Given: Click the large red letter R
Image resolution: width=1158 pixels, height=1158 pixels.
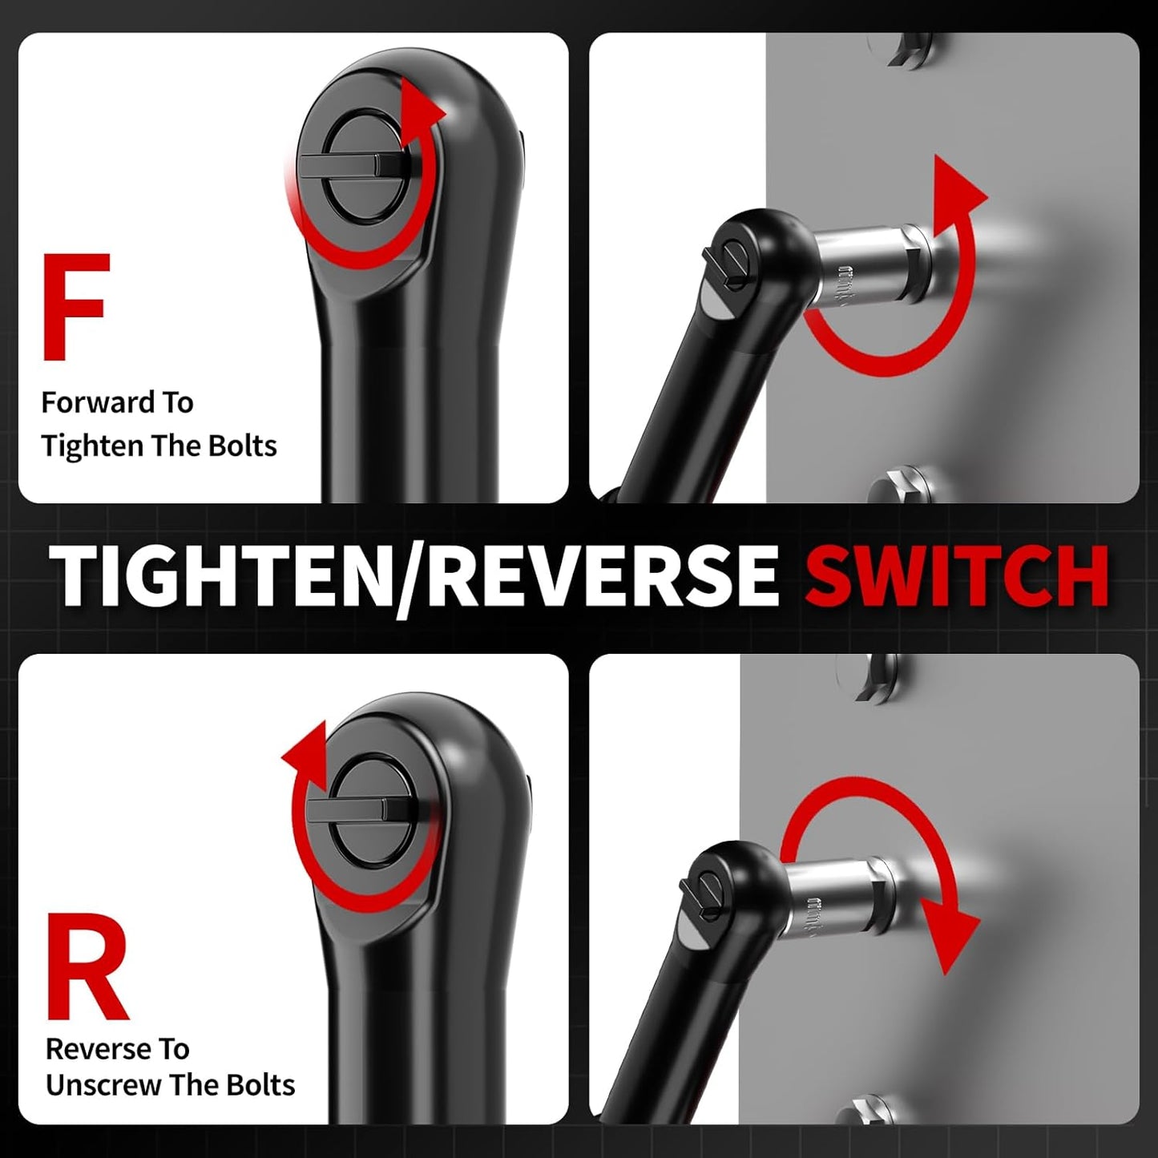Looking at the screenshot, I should (x=87, y=967).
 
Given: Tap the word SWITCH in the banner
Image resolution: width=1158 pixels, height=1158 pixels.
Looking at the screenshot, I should (x=957, y=576).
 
